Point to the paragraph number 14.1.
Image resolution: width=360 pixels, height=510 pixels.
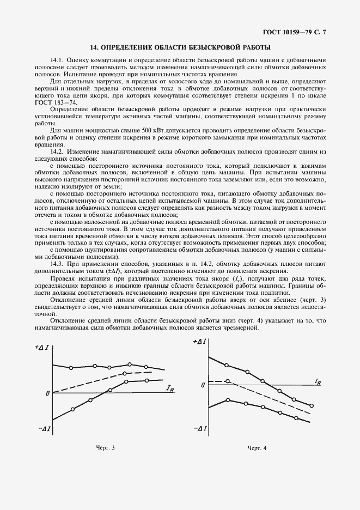tap(57, 59)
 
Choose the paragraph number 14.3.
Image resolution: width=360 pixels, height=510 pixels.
tap(57, 264)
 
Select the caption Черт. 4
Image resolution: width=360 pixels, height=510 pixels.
tap(257, 448)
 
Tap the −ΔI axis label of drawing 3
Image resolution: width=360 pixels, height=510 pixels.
tap(44, 429)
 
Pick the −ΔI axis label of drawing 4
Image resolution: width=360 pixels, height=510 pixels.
tap(199, 428)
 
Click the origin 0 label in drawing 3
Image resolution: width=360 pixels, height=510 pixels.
tap(47, 393)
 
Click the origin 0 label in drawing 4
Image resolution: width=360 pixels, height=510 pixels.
tap(203, 385)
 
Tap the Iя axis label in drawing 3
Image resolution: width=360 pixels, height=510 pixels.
tap(170, 388)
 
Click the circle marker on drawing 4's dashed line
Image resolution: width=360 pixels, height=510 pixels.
tap(228, 381)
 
